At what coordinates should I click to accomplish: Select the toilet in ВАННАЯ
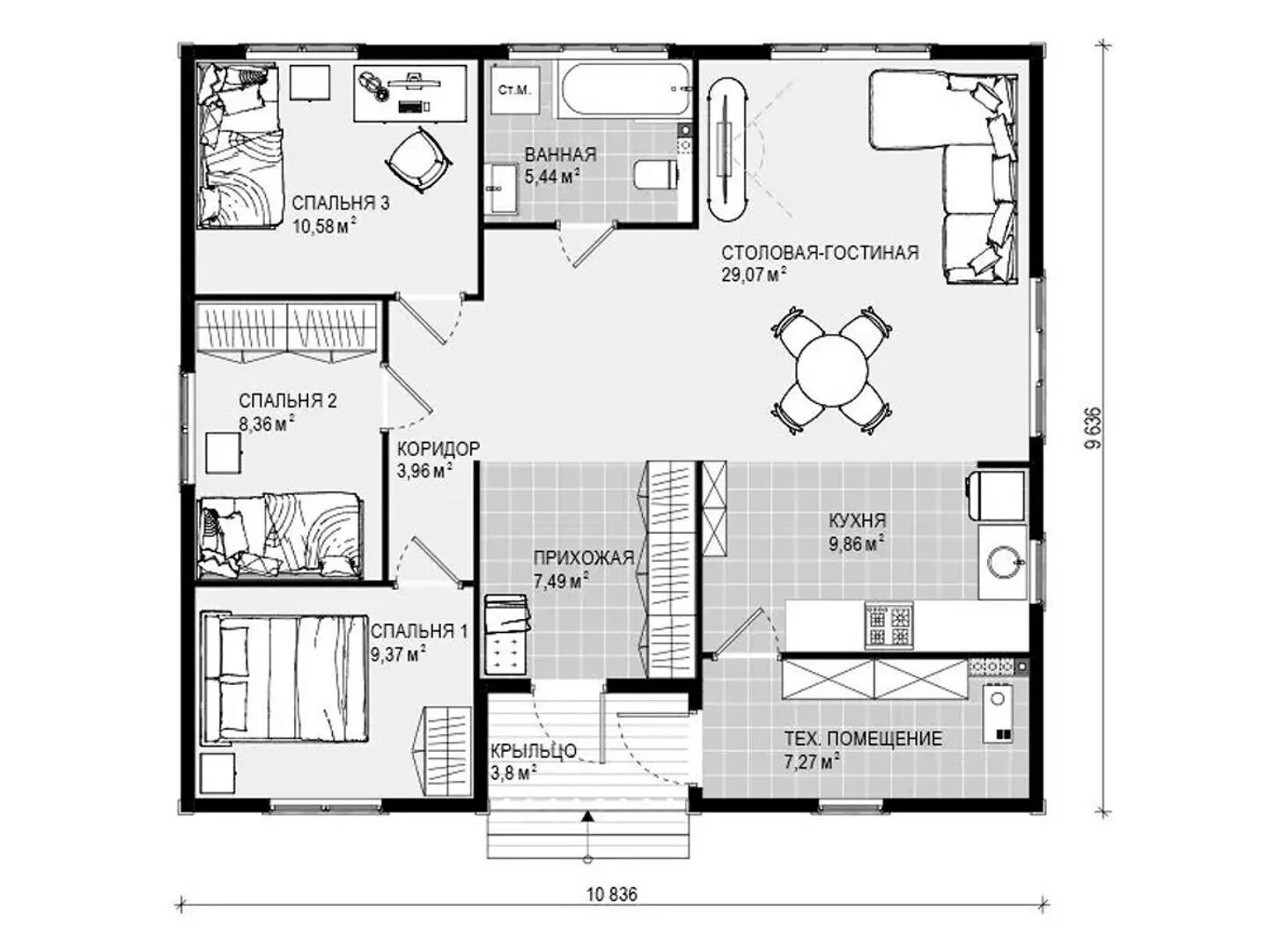click(x=655, y=174)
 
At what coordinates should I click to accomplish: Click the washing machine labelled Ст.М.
click(x=515, y=91)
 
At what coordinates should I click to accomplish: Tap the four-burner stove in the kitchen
click(x=888, y=625)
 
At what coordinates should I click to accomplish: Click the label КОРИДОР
click(x=439, y=449)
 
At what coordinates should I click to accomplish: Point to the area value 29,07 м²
click(x=754, y=274)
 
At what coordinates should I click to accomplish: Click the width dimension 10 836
click(x=612, y=895)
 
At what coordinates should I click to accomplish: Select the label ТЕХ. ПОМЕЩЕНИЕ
click(x=863, y=738)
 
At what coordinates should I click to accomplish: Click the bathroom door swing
click(x=585, y=242)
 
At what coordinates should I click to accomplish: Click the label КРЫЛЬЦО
click(x=534, y=751)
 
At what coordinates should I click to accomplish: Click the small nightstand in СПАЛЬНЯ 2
click(x=224, y=453)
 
